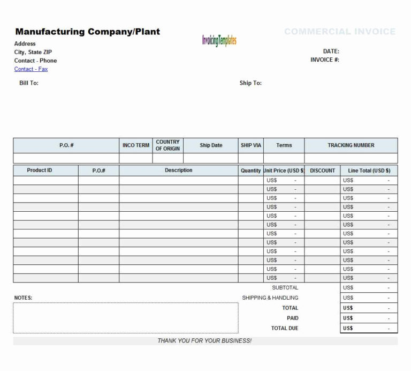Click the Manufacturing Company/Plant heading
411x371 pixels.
(x=87, y=32)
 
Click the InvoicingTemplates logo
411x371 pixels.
(x=219, y=40)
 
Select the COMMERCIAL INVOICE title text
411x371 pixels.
(x=340, y=32)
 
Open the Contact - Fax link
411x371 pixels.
(x=31, y=69)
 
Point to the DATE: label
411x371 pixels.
(x=331, y=51)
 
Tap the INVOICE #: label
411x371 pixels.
(x=325, y=60)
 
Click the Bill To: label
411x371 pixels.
(x=29, y=83)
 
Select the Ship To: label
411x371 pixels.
(x=250, y=83)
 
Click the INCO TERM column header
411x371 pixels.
(x=136, y=145)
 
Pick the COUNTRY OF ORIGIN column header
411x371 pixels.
(x=168, y=145)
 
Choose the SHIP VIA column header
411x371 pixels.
(x=250, y=145)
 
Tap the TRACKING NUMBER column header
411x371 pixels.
(x=351, y=145)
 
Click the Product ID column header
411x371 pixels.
(x=40, y=170)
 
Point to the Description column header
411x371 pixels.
(x=179, y=170)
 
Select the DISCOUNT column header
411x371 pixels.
(x=323, y=170)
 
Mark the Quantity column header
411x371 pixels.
(x=250, y=170)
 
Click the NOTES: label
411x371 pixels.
(x=23, y=298)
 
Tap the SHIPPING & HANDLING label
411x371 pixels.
(x=270, y=298)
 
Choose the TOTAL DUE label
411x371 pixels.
(x=285, y=328)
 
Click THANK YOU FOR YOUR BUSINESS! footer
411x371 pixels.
(x=204, y=340)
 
